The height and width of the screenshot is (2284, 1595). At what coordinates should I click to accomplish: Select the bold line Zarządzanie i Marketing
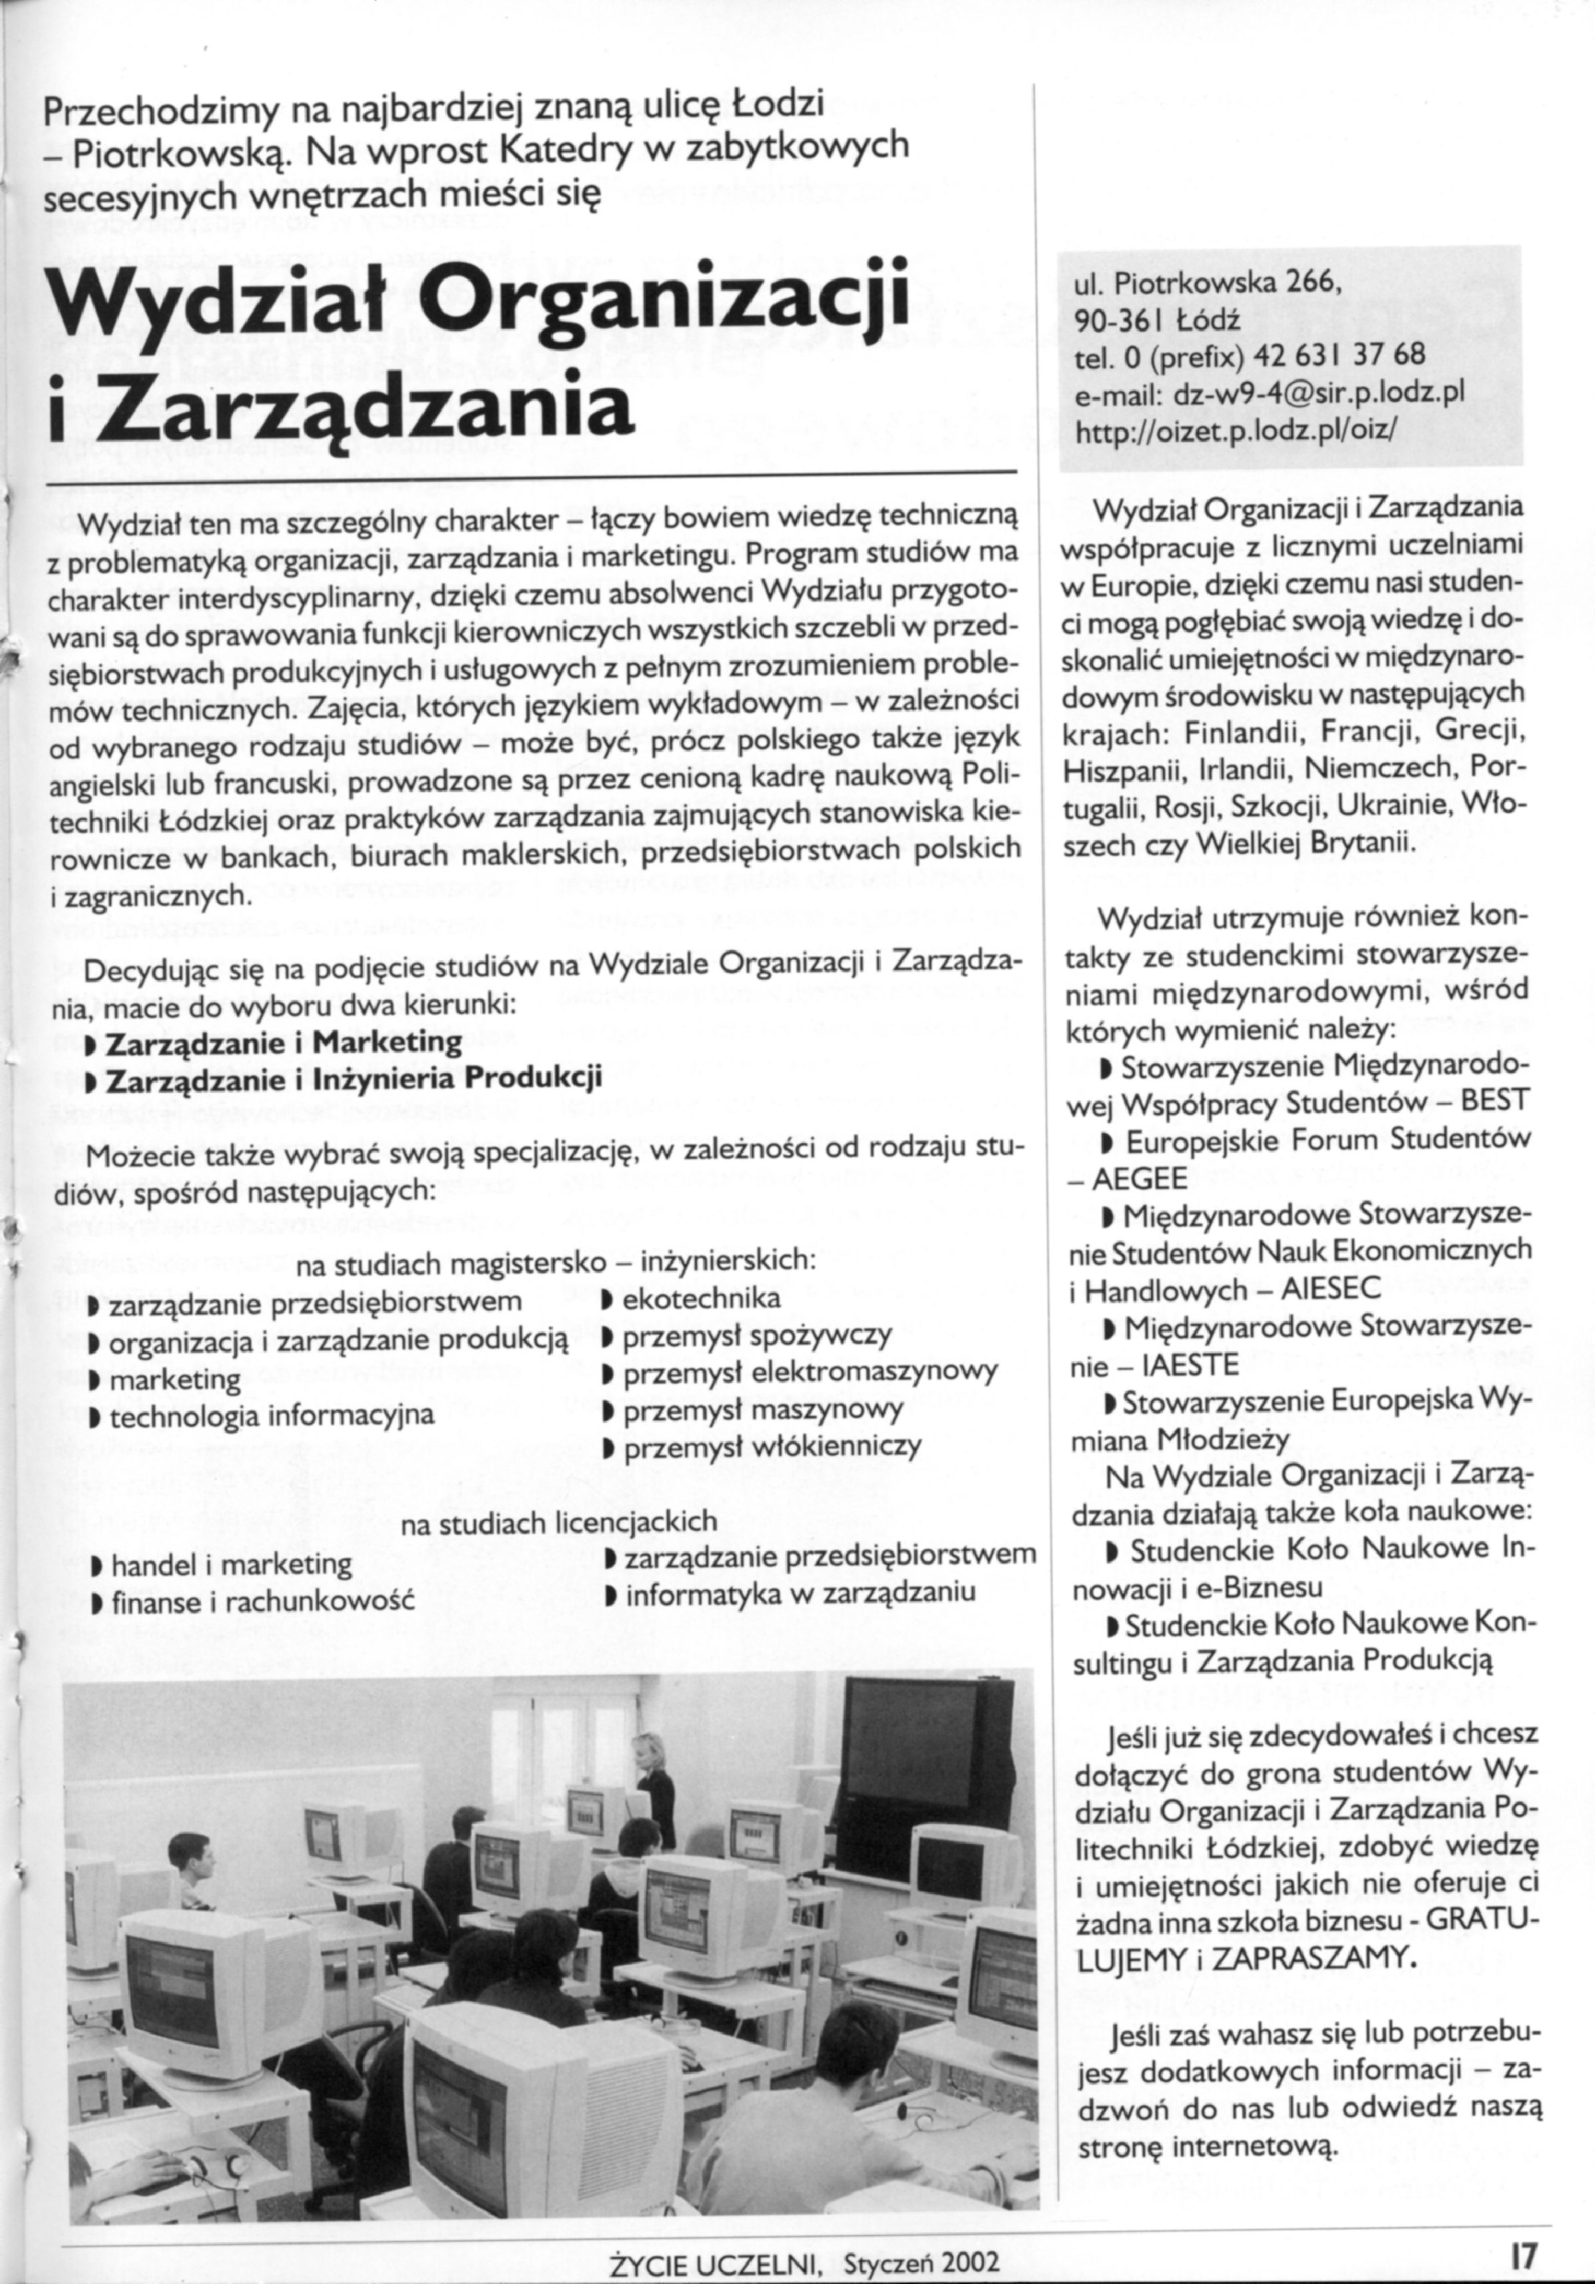tap(284, 1042)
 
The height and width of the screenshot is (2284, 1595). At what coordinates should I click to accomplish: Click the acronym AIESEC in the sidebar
tap(1317, 1289)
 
